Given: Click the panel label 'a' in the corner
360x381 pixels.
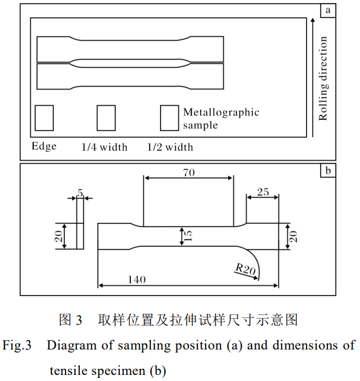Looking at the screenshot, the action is tap(328, 10).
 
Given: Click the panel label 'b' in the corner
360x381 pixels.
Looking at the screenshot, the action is tap(328, 171).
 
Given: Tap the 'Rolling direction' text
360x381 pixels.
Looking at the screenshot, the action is tap(324, 78).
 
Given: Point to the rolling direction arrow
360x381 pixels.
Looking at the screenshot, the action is tap(313, 78).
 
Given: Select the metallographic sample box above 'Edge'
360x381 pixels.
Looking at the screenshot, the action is tap(44, 118).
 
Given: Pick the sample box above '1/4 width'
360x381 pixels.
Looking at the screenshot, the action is tap(106, 118).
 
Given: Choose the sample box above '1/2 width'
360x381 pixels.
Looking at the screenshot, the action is tap(170, 118).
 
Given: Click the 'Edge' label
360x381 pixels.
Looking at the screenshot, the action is tap(44, 147).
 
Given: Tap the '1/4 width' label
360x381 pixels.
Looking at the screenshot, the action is tap(104, 147).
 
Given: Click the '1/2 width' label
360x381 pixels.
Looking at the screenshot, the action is tap(170, 147).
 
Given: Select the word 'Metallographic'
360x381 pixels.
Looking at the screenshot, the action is tap(221, 113).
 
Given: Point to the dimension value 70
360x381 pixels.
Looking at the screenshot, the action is tap(189, 173).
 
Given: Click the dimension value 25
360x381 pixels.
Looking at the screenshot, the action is tap(263, 192).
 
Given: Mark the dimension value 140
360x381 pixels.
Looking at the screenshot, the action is tap(137, 280).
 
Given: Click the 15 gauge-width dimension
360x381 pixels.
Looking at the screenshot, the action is tap(188, 236).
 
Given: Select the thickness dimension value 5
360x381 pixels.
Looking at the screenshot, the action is tap(80, 193).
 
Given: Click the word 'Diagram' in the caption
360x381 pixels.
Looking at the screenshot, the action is tap(72, 345).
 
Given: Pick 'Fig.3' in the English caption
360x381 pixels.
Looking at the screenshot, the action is tap(17, 345).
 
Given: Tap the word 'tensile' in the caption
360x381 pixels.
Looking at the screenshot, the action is tap(68, 371).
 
